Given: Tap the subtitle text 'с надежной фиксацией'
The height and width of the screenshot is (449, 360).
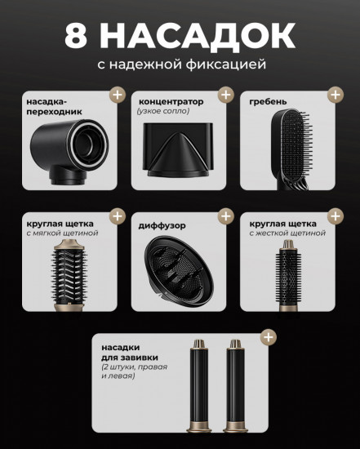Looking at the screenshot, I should tap(180, 64).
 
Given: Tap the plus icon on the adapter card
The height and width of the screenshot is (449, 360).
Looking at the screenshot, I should tap(117, 95).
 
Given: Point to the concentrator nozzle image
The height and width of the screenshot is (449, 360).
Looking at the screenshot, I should tap(179, 155).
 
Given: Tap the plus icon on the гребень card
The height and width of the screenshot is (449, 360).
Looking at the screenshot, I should tap(335, 95).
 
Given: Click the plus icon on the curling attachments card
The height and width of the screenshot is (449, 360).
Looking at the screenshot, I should tap(267, 336).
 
